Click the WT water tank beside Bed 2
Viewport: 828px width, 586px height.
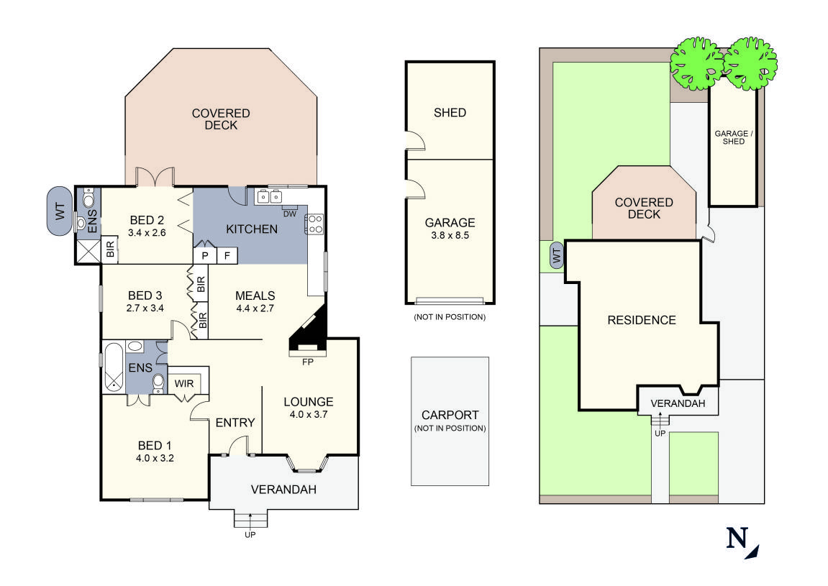(x=60, y=211)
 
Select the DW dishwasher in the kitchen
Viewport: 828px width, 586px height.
(x=290, y=214)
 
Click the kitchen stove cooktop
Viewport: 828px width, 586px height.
(x=315, y=224)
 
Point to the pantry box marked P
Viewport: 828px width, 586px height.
(x=204, y=256)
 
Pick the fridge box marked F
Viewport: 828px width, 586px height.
(x=227, y=256)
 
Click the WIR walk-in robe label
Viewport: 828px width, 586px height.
(x=185, y=384)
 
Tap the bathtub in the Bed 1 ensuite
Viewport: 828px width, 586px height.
(x=113, y=366)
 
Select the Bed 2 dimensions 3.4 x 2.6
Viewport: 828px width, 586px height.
(x=147, y=233)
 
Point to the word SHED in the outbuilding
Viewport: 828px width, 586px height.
(x=450, y=112)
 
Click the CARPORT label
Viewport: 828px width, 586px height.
(x=450, y=415)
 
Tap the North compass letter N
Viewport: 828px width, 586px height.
(x=737, y=539)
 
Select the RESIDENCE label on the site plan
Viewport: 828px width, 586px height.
(x=642, y=320)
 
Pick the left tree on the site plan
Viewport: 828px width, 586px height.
(x=696, y=63)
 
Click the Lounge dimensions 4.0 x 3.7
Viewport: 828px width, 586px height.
(x=309, y=415)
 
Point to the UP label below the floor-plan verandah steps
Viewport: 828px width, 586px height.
(x=250, y=534)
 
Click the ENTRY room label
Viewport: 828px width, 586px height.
(x=235, y=423)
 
